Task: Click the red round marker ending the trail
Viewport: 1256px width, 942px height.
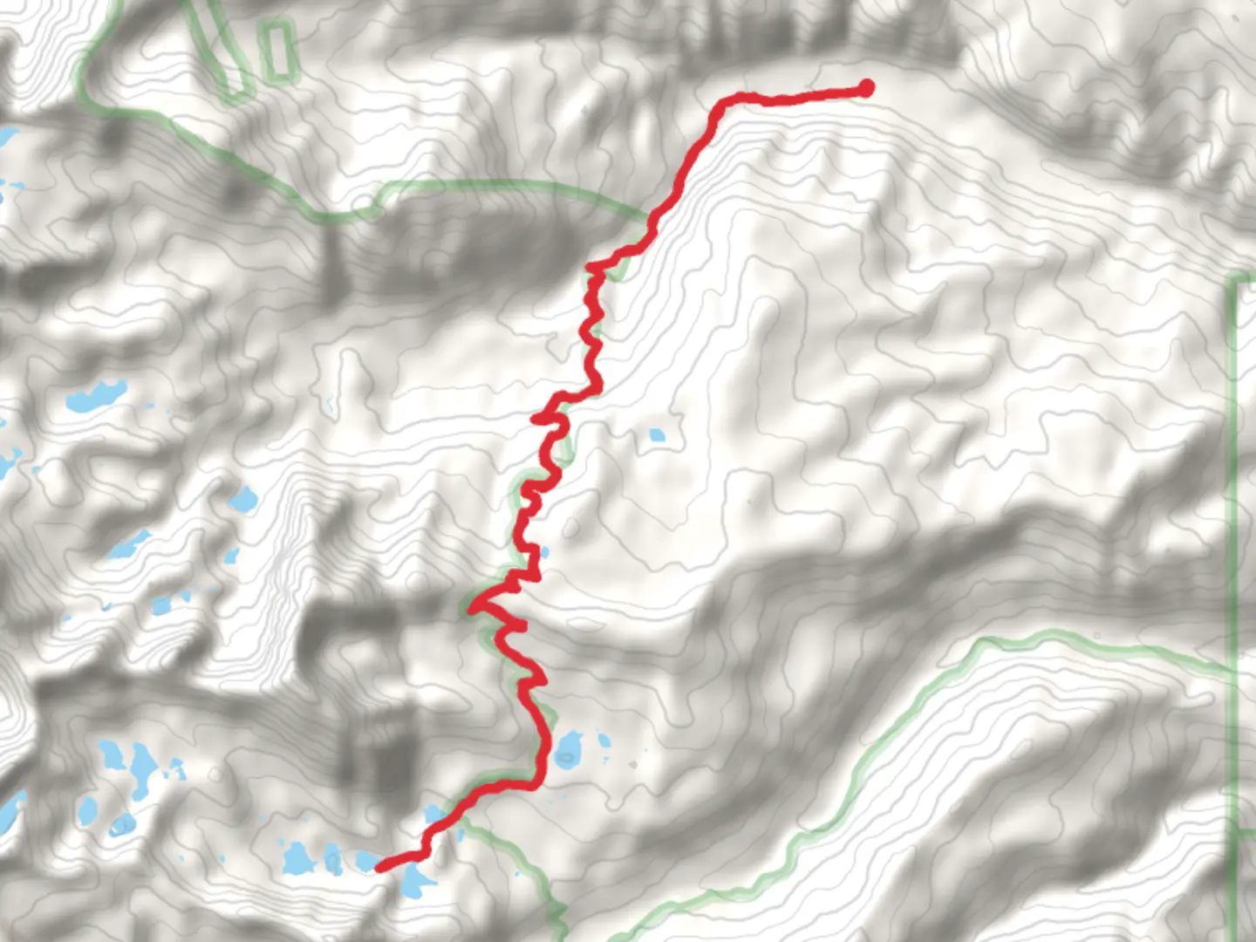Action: [x=866, y=87]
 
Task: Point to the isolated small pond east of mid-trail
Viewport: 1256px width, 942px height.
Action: [x=656, y=433]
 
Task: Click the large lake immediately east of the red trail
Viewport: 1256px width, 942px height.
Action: [x=570, y=747]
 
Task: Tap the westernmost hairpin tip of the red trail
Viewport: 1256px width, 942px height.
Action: [x=472, y=607]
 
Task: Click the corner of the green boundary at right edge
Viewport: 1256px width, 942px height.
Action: [x=1232, y=281]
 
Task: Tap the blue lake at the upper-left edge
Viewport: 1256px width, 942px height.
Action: [x=7, y=138]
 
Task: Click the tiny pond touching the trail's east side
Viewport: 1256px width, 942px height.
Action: [x=544, y=552]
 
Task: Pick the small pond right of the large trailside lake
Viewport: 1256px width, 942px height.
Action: [x=604, y=741]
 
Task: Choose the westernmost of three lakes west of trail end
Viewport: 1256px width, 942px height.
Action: [x=295, y=858]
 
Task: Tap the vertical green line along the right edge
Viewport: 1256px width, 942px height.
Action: [x=1232, y=523]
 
